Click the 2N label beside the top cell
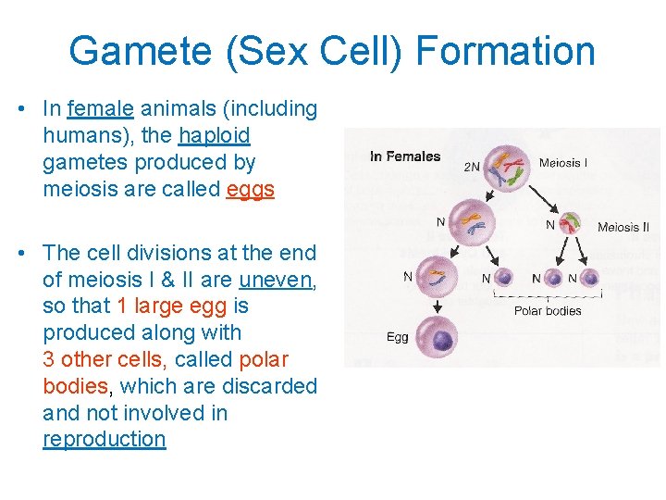[x=472, y=168]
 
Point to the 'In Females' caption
[x=404, y=156]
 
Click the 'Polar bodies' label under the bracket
[x=547, y=310]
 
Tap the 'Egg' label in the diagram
[x=397, y=337]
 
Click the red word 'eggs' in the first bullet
[x=250, y=190]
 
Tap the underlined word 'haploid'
[x=215, y=135]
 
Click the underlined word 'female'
[x=101, y=108]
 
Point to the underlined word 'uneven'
[x=276, y=279]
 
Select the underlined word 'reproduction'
[x=104, y=439]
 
